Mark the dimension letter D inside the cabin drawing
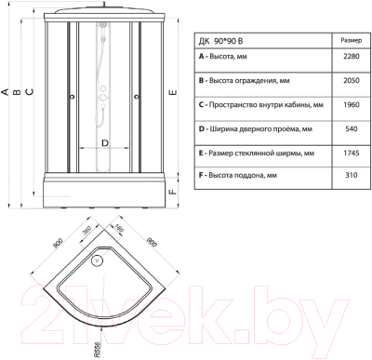click(104, 142)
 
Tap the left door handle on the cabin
click(73, 96)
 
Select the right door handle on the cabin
click(136, 96)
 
